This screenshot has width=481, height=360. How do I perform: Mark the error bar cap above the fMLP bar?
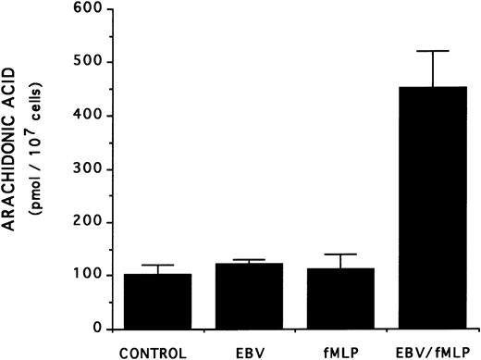coord(331,254)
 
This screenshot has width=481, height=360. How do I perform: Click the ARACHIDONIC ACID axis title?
coord(14,172)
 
